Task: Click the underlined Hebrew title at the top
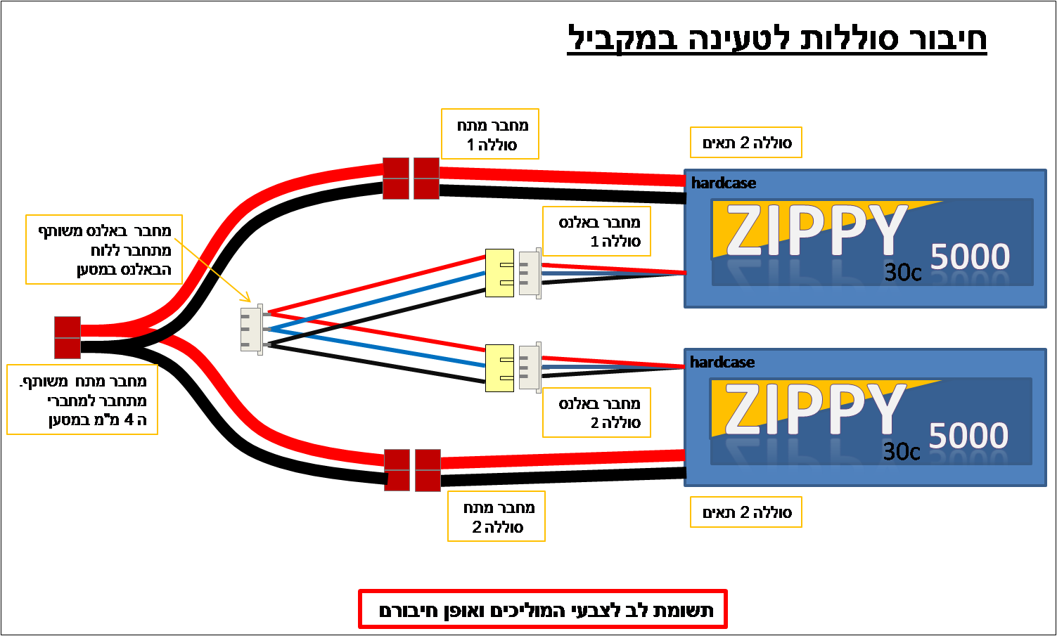click(776, 39)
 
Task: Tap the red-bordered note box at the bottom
click(543, 609)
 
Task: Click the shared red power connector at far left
click(68, 337)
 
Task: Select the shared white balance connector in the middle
click(252, 329)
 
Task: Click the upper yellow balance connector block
click(500, 273)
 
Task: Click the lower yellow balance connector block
click(500, 368)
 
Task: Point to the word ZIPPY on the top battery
click(816, 230)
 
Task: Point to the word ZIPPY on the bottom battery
click(814, 408)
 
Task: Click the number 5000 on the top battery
click(970, 257)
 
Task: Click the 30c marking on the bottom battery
click(902, 452)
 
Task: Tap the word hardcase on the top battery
click(724, 183)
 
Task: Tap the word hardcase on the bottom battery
click(722, 362)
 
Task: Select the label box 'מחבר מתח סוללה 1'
click(489, 134)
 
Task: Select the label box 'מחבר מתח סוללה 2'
click(497, 517)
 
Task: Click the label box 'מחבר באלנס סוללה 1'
click(596, 231)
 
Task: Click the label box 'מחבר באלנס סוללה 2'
click(596, 413)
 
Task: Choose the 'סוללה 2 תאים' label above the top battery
click(746, 143)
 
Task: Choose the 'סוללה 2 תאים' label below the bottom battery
click(746, 512)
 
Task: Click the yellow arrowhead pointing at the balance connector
click(247, 298)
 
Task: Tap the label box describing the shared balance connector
click(104, 249)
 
